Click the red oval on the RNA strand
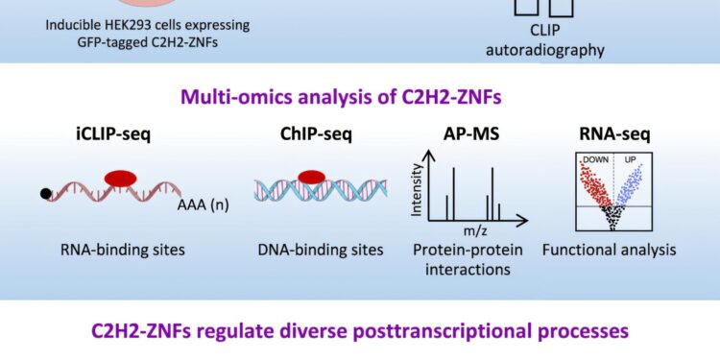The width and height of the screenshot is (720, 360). point(116,178)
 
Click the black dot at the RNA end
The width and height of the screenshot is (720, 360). point(45,195)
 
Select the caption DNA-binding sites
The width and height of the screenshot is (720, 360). point(320,251)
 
